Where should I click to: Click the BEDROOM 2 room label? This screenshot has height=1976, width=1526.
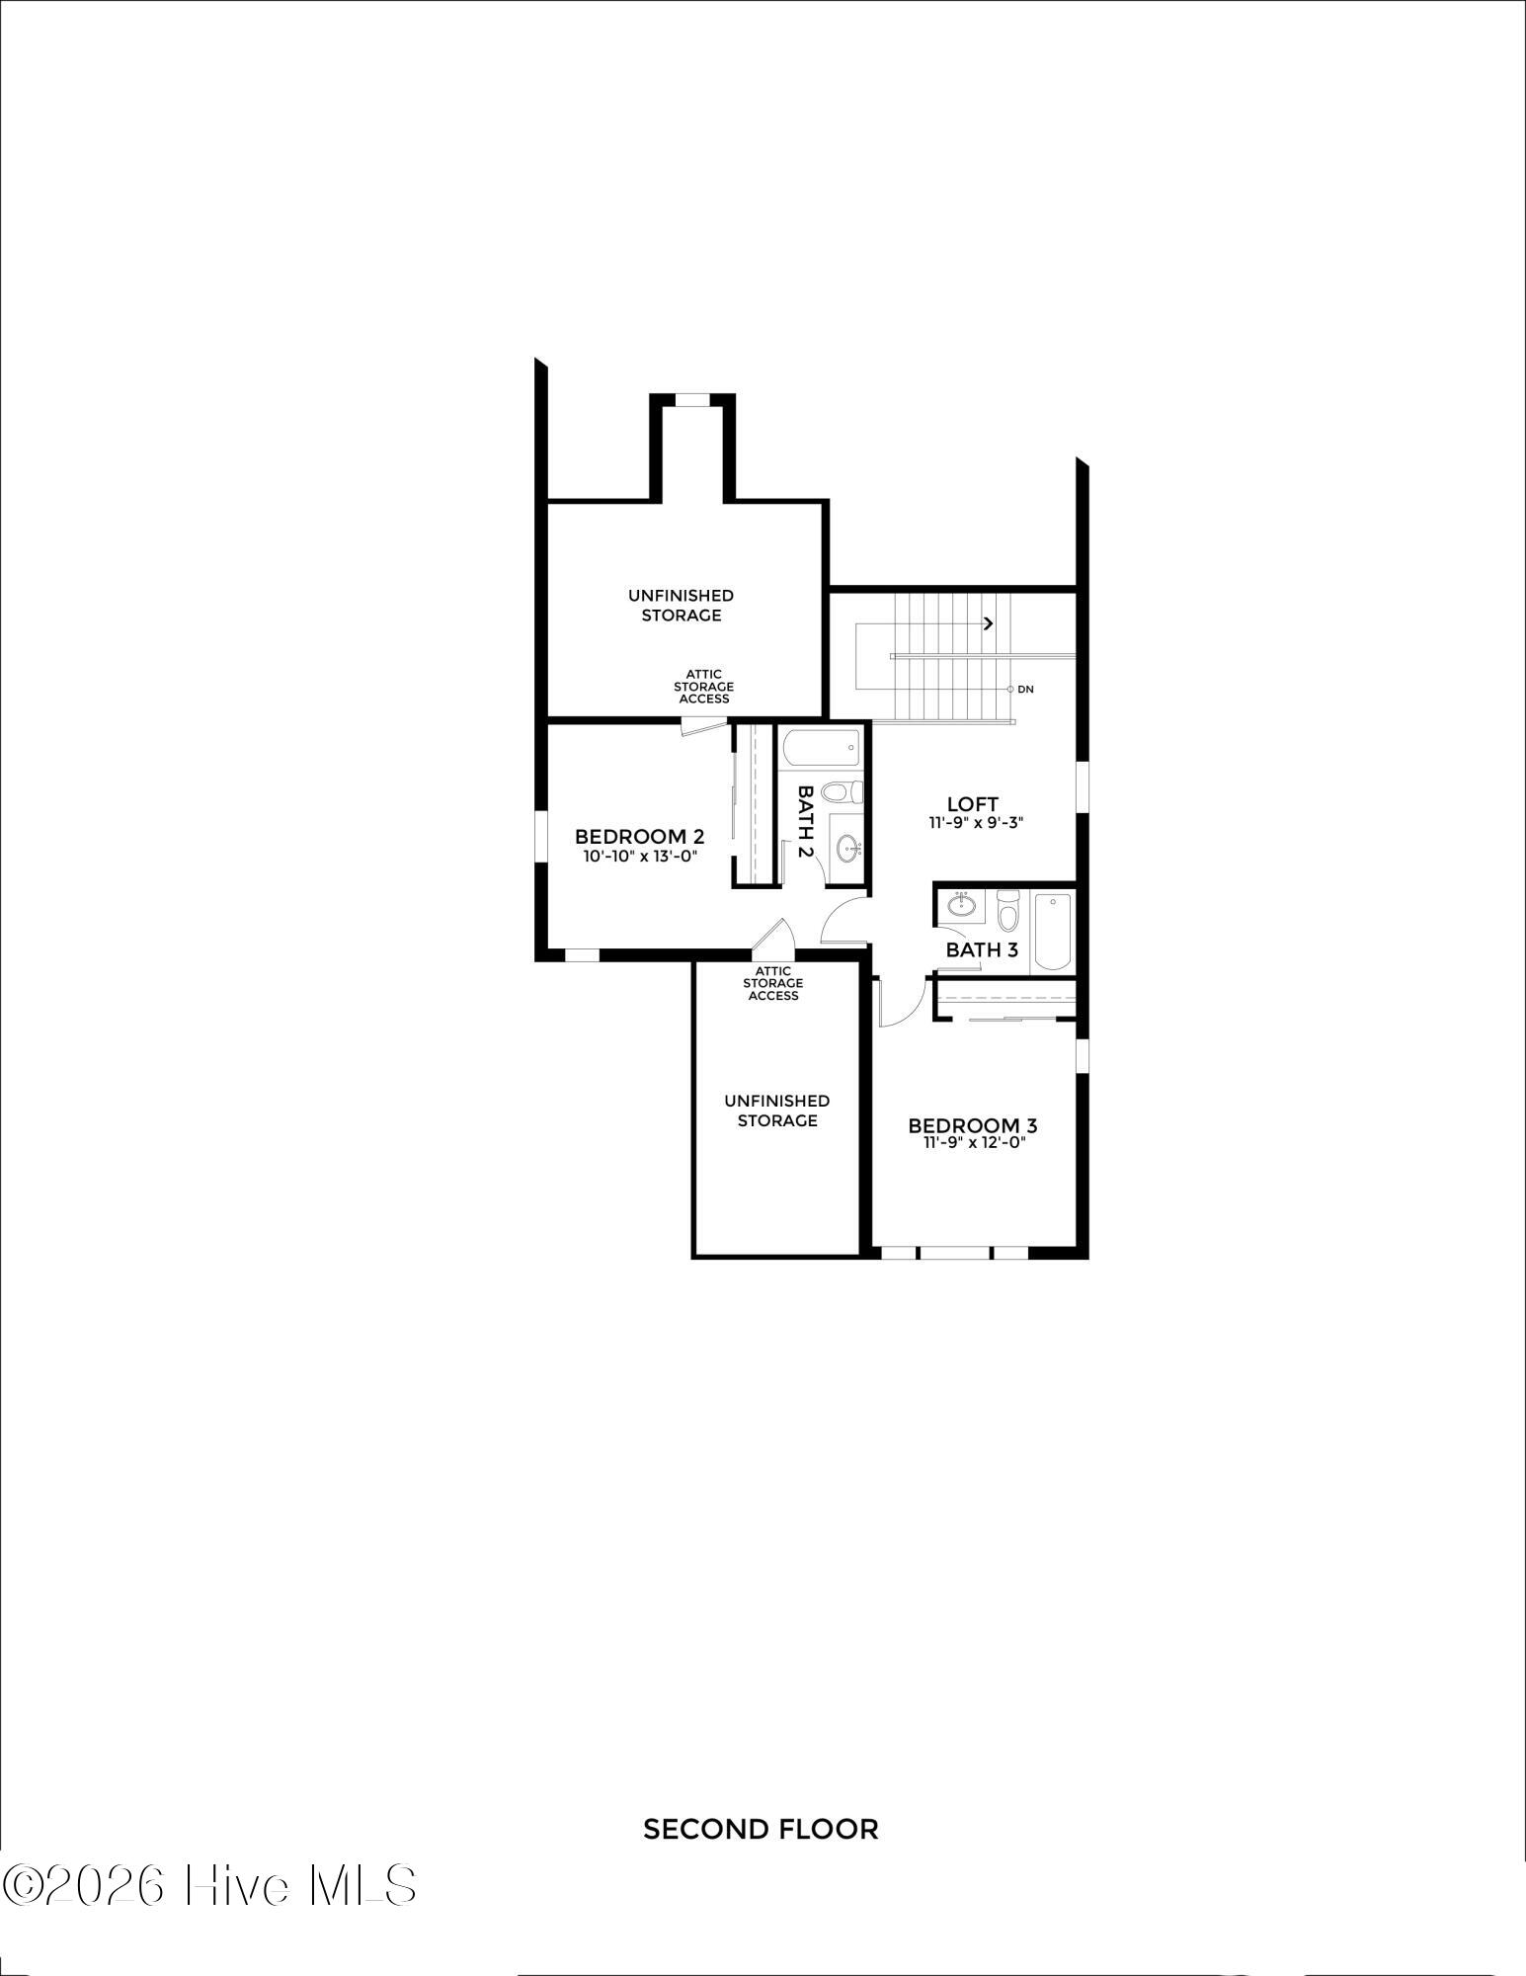point(639,837)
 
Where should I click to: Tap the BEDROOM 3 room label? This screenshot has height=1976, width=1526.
point(973,1125)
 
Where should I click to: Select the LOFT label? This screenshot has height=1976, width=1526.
point(973,804)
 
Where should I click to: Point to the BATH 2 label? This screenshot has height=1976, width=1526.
point(806,822)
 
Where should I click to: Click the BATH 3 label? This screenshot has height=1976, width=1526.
point(982,950)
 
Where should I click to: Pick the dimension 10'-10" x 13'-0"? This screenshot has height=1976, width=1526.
point(640,857)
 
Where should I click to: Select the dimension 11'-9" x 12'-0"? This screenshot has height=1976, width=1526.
point(975,1143)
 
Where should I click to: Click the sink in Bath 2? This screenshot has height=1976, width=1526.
point(847,849)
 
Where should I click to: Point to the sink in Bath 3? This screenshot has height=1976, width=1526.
point(961,904)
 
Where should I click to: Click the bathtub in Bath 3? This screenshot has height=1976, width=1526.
point(1052,932)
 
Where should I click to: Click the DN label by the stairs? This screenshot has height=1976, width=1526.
point(1025,690)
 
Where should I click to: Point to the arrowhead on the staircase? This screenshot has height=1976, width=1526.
point(989,623)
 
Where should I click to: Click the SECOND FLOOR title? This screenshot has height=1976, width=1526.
point(761,1830)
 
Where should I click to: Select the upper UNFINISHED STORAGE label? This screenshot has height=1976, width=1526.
point(682,606)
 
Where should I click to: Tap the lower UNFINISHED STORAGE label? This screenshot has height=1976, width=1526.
point(777,1111)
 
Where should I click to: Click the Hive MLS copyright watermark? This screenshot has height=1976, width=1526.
point(208,1885)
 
